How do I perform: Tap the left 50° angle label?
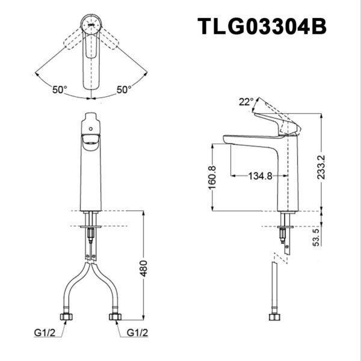60,90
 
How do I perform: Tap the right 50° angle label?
124,90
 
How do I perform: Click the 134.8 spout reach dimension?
261,176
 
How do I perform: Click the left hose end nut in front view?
64,316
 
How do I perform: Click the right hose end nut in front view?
114,316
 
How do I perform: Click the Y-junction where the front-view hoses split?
90,262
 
